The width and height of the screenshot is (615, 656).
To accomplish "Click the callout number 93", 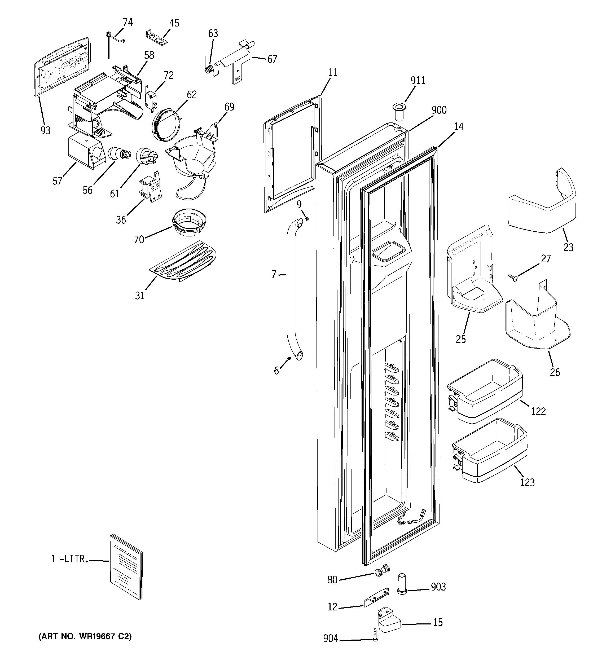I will [46, 130].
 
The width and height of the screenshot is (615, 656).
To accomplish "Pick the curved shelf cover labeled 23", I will [541, 205].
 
